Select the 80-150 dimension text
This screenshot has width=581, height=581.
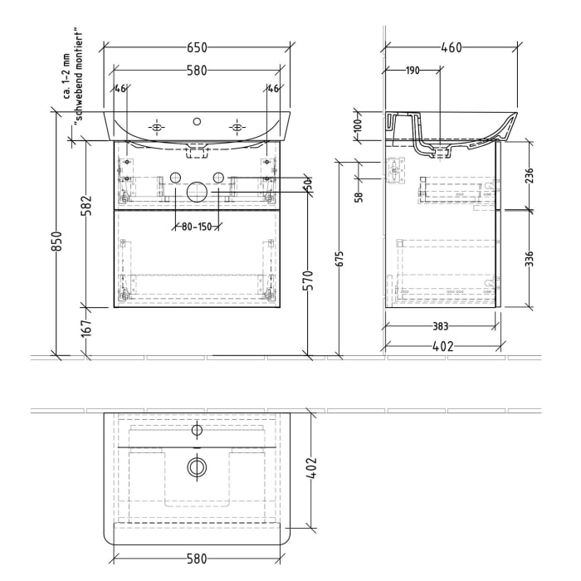tap(196, 226)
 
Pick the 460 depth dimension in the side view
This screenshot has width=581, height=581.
tap(452, 48)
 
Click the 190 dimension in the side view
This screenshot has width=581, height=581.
tap(413, 71)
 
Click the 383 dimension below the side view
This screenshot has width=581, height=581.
tap(440, 327)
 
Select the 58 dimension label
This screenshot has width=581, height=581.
tap(358, 197)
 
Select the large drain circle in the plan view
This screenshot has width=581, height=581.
tap(197, 467)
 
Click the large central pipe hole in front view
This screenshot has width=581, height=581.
tap(197, 192)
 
